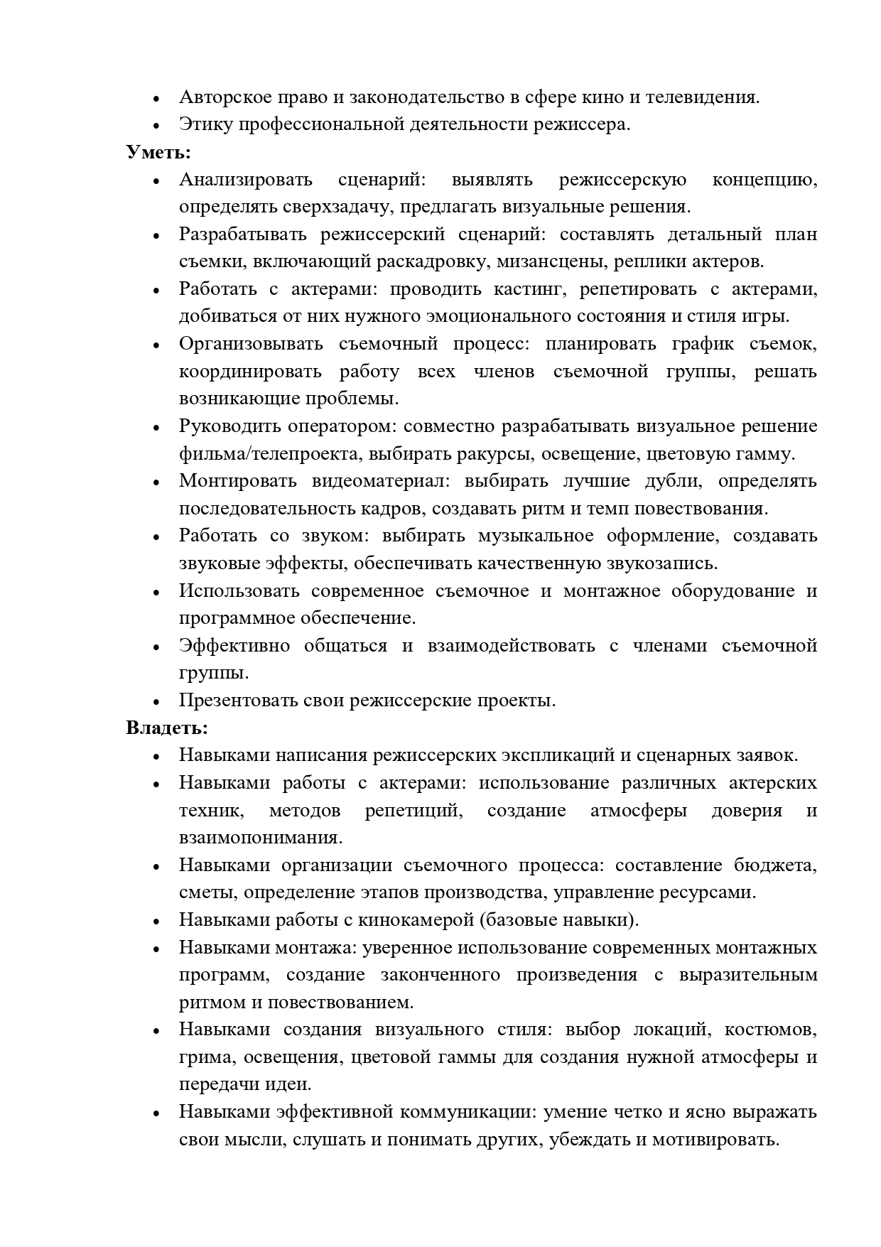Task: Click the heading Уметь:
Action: coord(158,152)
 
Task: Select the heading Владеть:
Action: coord(167,728)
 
